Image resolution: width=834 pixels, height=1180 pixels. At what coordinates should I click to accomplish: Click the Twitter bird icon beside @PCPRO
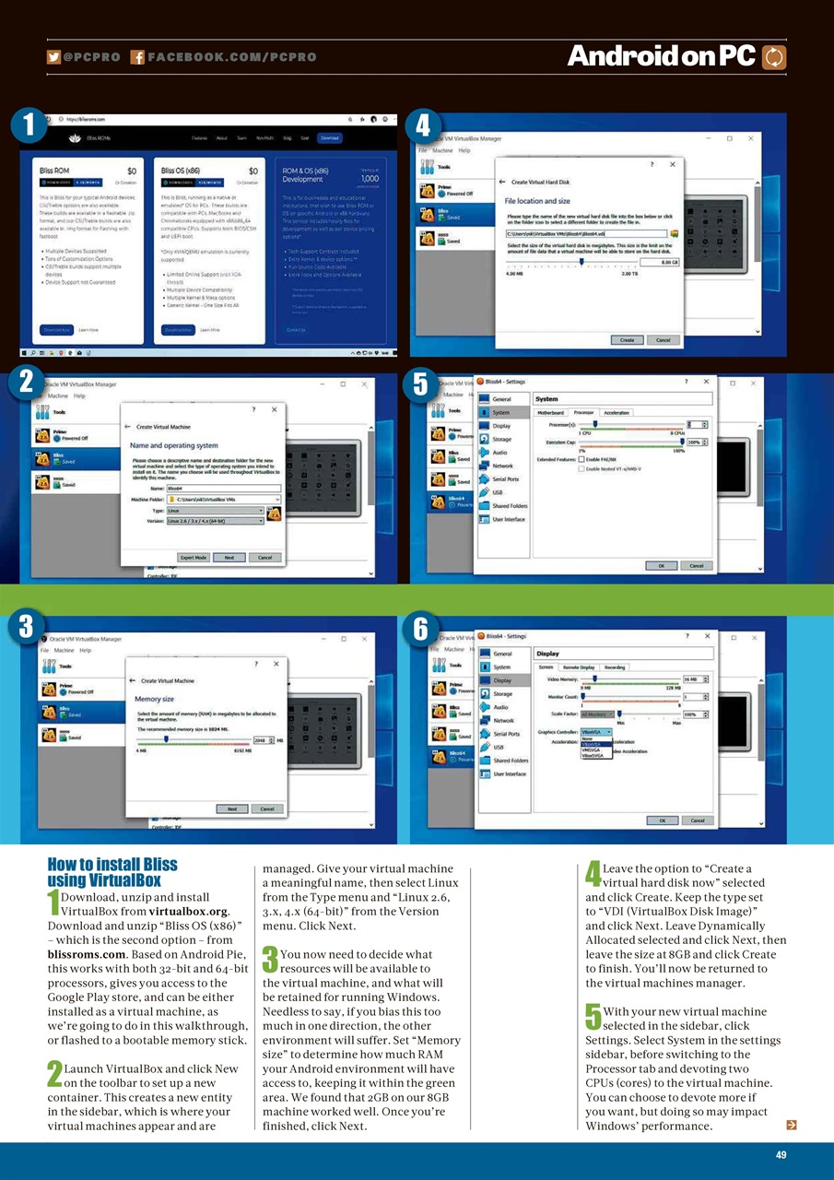coord(54,57)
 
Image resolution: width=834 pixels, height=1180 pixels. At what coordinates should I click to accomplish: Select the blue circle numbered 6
coord(420,630)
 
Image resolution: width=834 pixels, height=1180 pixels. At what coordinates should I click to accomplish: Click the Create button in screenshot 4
coord(627,340)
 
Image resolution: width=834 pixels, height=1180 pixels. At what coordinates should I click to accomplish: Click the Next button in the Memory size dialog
coord(231,808)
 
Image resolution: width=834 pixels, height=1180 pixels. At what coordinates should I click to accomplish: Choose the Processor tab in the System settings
coord(583,413)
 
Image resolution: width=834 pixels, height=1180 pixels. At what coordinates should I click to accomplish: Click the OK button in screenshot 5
coord(661,565)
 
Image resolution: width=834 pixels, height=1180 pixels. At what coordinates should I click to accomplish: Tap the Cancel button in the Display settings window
coord(697,820)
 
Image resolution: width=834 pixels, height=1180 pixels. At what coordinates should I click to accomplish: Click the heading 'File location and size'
coord(537,200)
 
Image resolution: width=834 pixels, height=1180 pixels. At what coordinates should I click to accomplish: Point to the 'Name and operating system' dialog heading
coord(174,446)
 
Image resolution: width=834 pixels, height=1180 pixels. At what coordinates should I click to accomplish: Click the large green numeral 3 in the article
coord(270,961)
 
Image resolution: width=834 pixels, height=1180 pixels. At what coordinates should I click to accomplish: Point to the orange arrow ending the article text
coord(790,1125)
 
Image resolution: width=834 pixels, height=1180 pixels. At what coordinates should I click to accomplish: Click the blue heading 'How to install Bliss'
coord(112,865)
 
